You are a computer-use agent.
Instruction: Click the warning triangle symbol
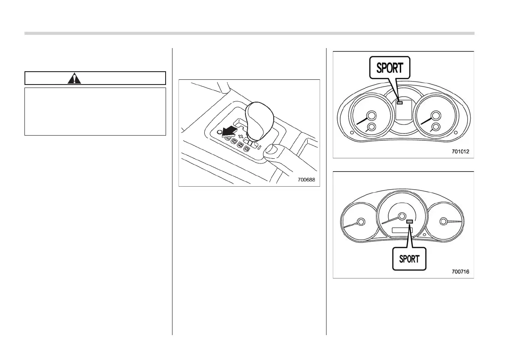[x=74, y=79]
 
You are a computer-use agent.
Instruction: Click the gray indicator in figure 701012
[x=399, y=103]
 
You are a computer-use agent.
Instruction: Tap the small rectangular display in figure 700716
[x=402, y=230]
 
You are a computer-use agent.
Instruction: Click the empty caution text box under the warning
[x=95, y=112]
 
